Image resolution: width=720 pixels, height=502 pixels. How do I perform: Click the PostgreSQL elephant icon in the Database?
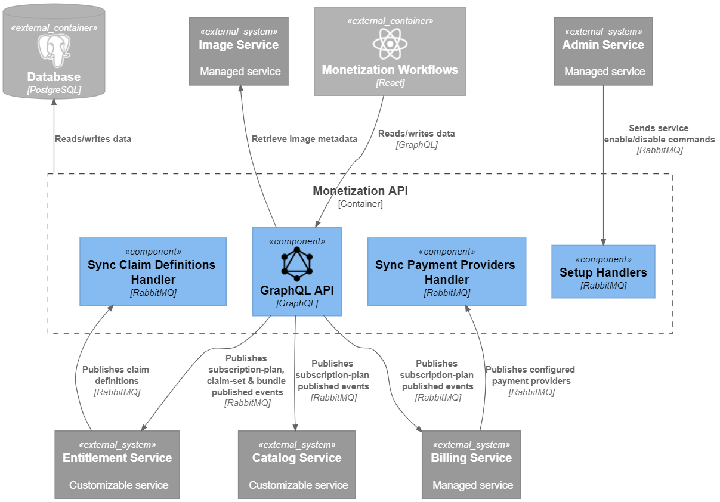(x=54, y=50)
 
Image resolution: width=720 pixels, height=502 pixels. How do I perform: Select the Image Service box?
(x=239, y=51)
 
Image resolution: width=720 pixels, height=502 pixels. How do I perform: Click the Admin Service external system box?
(x=603, y=51)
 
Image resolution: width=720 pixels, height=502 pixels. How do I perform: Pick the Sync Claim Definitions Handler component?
(x=153, y=272)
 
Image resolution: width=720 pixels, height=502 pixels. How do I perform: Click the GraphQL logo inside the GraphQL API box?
(x=296, y=264)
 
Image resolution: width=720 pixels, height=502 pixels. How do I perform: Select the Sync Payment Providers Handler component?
(x=446, y=272)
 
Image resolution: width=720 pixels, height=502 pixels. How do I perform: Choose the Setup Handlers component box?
(x=603, y=272)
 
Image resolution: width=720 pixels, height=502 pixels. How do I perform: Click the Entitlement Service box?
(x=117, y=465)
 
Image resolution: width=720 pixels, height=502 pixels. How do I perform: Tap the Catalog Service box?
(x=296, y=465)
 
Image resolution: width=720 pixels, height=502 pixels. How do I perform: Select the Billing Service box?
(x=471, y=465)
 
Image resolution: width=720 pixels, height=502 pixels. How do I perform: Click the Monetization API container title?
(x=360, y=191)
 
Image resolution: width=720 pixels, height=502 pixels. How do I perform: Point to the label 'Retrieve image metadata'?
(x=304, y=139)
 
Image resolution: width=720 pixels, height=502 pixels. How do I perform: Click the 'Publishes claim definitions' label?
(x=116, y=375)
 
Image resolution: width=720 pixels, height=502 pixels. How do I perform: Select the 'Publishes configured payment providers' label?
(x=530, y=375)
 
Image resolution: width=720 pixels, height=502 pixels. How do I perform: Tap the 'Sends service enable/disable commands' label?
(x=659, y=134)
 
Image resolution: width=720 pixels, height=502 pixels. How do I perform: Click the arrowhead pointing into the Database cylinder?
(x=54, y=101)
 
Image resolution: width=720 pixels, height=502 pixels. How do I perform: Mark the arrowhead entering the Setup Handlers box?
(x=603, y=241)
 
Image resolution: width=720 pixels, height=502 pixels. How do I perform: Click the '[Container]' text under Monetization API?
(x=360, y=204)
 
